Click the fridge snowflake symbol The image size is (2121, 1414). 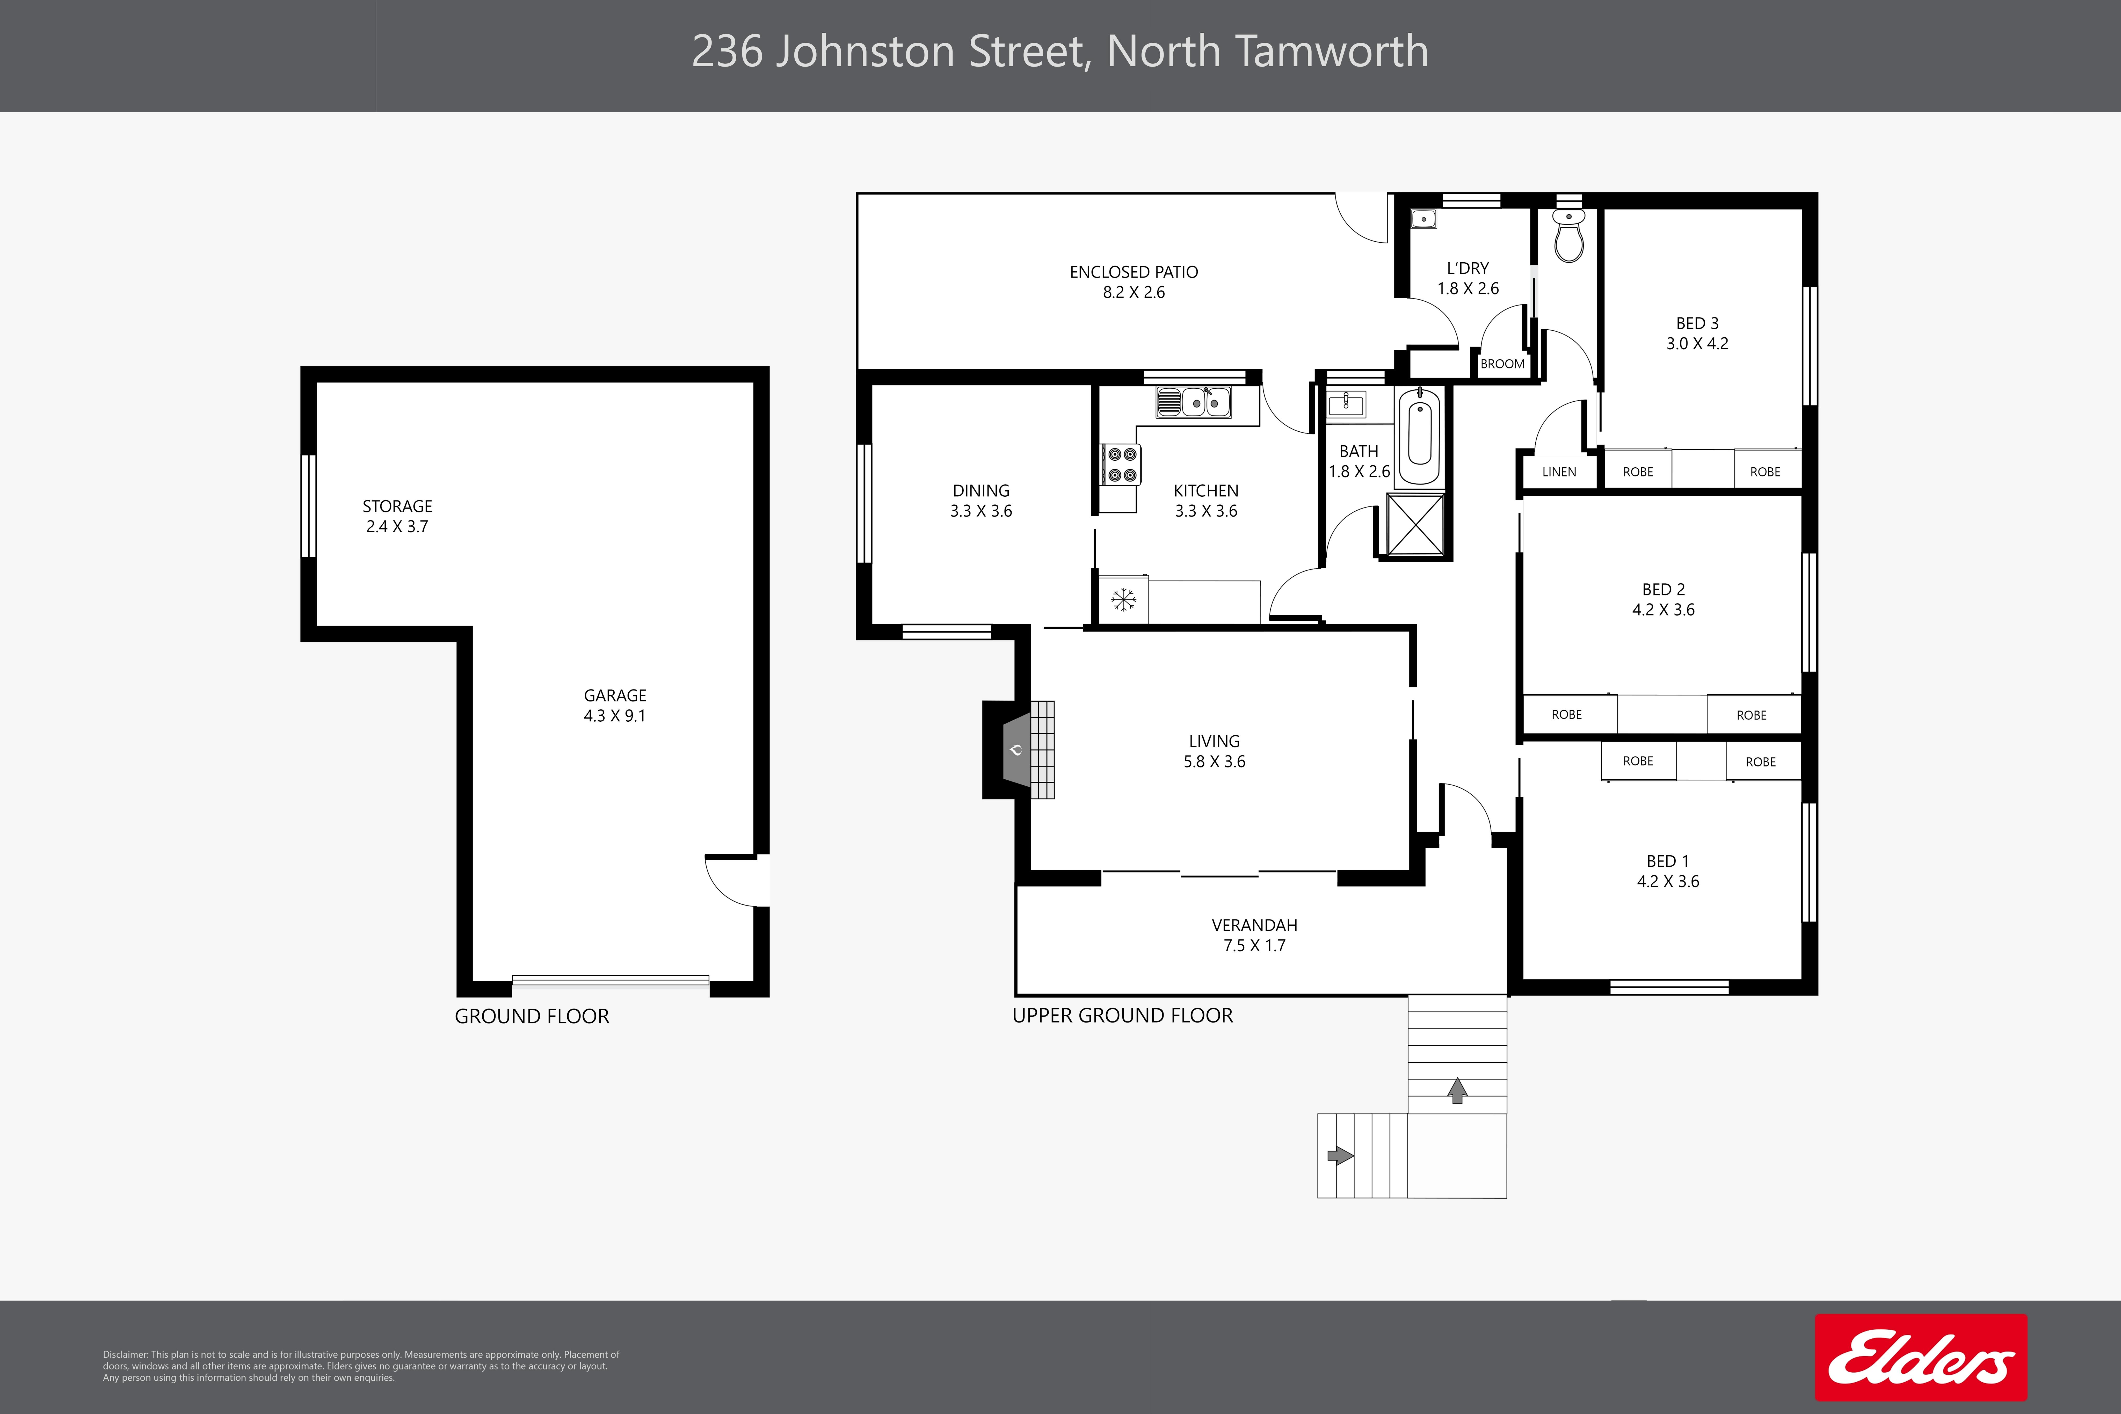1123,600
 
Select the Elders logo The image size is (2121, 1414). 1921,1357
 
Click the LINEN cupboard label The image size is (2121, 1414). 1559,472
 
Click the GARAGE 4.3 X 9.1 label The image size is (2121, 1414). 615,705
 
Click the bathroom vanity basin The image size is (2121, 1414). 1346,403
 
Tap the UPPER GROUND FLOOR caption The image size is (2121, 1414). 1123,1016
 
